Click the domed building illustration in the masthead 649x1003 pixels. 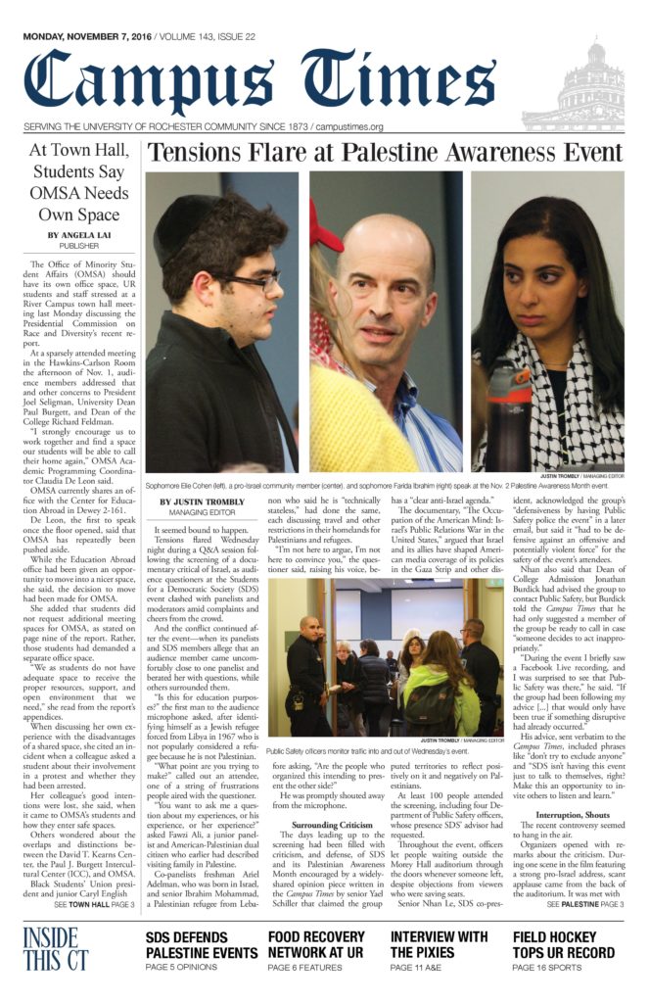[590, 89]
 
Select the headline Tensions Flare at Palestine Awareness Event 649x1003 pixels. [385, 155]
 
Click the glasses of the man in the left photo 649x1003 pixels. [253, 282]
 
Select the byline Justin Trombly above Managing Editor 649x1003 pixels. [203, 502]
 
